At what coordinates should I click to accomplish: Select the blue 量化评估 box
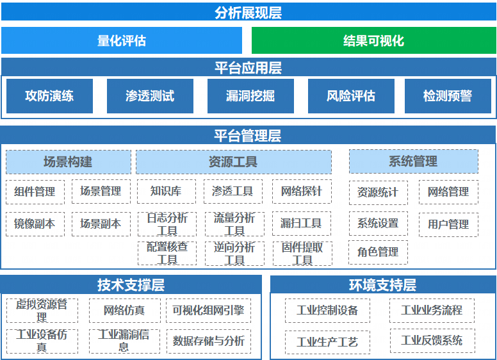(122, 40)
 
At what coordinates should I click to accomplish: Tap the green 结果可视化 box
(373, 40)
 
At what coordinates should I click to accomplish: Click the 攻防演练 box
(49, 96)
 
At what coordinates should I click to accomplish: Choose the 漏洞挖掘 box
(250, 96)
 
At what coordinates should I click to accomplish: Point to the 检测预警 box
(447, 96)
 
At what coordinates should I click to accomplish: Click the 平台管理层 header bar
(248, 135)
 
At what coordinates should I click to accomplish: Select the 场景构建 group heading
(68, 162)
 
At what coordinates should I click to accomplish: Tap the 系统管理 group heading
(413, 161)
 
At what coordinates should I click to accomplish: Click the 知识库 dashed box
(166, 191)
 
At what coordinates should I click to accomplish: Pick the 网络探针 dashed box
(302, 191)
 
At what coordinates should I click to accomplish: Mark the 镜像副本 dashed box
(35, 224)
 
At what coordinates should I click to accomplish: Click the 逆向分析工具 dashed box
(234, 253)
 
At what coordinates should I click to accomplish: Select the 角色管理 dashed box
(378, 252)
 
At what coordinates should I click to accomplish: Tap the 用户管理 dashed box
(448, 224)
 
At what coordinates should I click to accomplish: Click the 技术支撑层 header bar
(131, 284)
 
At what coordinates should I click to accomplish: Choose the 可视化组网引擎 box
(208, 311)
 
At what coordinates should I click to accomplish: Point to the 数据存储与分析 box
(208, 341)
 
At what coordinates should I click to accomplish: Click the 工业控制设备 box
(327, 311)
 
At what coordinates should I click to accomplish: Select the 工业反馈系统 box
(432, 340)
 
